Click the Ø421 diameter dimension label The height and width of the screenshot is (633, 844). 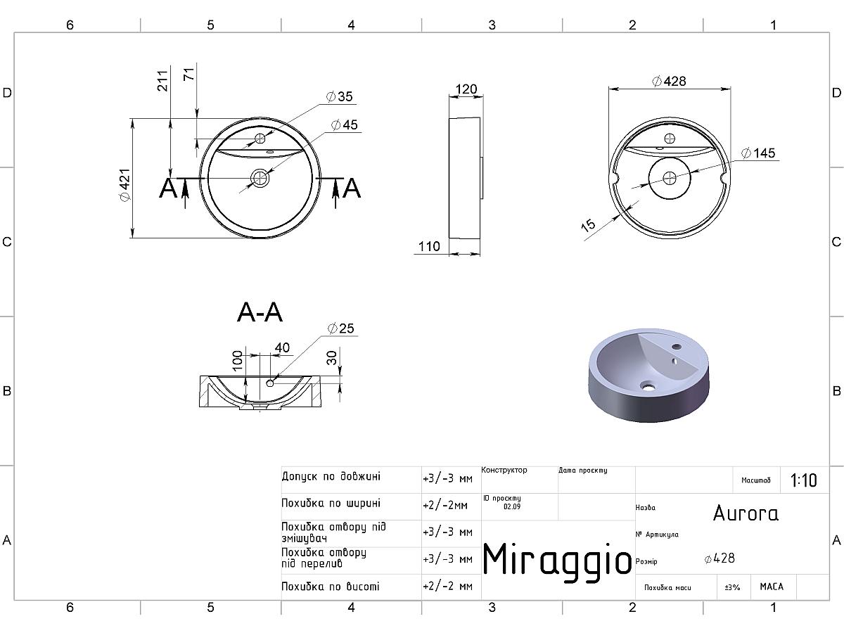click(x=126, y=185)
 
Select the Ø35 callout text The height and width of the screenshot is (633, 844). click(x=339, y=96)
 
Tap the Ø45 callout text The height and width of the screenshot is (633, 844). click(x=344, y=125)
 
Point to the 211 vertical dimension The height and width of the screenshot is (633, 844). click(x=162, y=81)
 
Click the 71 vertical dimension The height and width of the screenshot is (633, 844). click(x=188, y=74)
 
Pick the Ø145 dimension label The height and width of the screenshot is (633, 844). click(x=758, y=153)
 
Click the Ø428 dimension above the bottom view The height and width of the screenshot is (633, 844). click(x=669, y=81)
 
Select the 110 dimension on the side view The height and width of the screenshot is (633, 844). click(x=429, y=246)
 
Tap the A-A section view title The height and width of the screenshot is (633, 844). click(x=260, y=312)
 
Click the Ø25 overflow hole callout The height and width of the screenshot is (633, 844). click(x=340, y=328)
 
